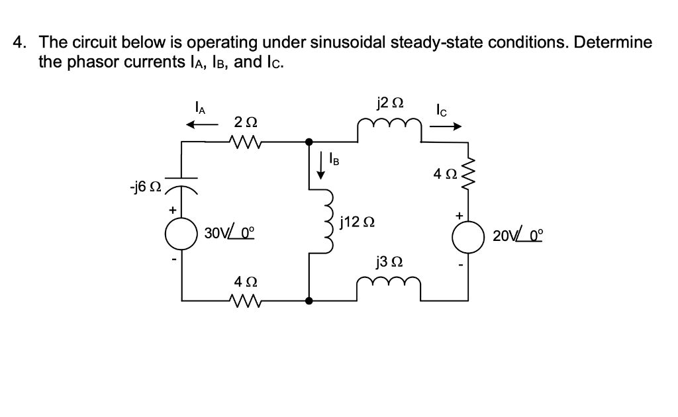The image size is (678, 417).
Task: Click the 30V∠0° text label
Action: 230,233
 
